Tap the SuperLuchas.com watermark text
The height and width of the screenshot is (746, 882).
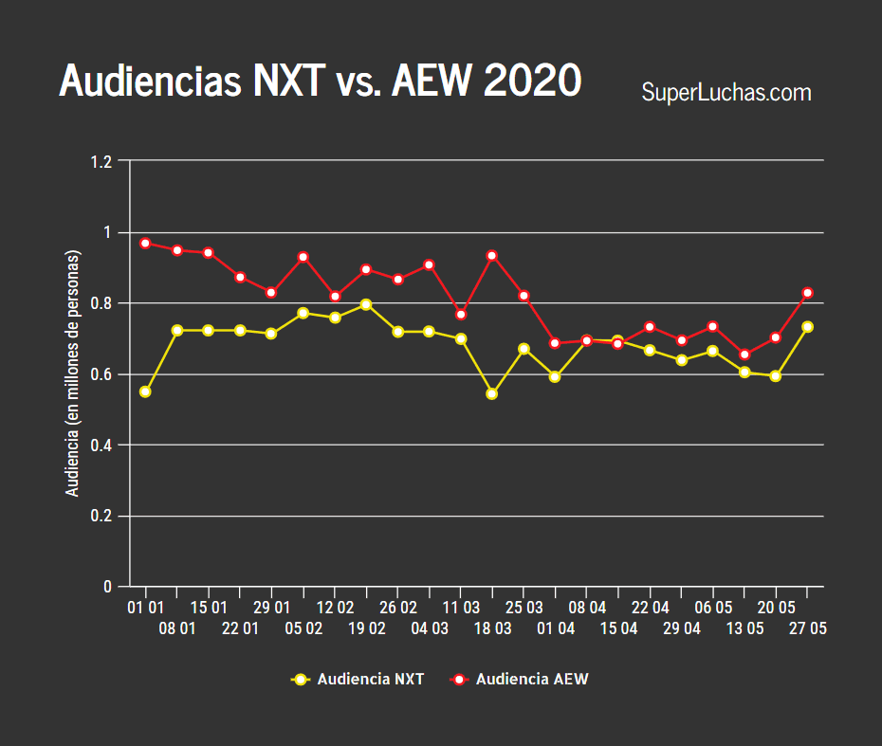(x=726, y=93)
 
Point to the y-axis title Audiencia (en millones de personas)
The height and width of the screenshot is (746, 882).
(x=72, y=373)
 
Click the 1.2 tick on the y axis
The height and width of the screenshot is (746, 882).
(x=101, y=162)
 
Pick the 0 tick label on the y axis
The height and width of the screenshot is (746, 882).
(x=108, y=587)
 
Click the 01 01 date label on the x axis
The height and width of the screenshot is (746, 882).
(x=145, y=607)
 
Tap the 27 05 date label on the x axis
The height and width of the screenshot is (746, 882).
(x=807, y=628)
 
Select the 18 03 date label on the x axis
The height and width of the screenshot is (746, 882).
(x=492, y=628)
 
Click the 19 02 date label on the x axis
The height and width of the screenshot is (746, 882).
(x=366, y=628)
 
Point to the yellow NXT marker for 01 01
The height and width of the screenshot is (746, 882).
(x=145, y=391)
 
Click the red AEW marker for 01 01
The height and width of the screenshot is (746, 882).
(x=145, y=244)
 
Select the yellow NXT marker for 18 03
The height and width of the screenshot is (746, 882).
(x=491, y=393)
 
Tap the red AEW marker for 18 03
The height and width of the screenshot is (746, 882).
(x=491, y=256)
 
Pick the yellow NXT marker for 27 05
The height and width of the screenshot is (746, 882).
(x=807, y=327)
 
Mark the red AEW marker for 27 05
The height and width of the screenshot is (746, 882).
(x=807, y=294)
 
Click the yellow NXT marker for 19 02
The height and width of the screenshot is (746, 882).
(x=366, y=304)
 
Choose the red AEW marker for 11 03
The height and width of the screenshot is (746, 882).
(x=461, y=315)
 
